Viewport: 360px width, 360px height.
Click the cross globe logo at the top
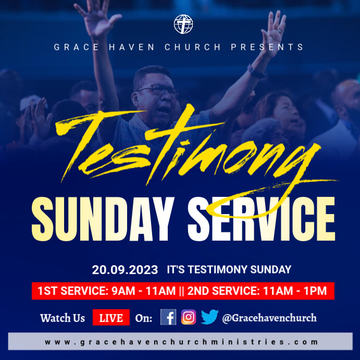point(183,24)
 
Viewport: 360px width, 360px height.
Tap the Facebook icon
point(168,317)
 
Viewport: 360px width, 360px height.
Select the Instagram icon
point(189,317)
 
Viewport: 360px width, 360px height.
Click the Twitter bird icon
point(209,317)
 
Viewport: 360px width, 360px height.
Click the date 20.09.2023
point(125,270)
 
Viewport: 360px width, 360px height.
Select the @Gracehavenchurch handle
point(269,318)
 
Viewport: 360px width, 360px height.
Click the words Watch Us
point(63,318)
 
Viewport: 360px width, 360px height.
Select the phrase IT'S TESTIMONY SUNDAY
point(229,270)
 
